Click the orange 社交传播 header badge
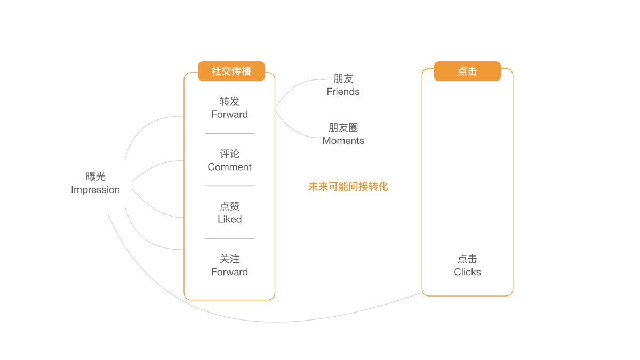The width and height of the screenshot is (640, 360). (x=231, y=71)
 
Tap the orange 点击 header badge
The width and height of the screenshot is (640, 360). (x=467, y=71)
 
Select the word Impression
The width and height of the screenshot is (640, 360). (x=95, y=190)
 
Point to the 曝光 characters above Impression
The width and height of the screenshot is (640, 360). (x=95, y=177)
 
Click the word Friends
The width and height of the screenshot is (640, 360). (x=343, y=92)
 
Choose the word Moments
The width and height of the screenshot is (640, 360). (x=343, y=141)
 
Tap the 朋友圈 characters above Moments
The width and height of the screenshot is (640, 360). (x=343, y=127)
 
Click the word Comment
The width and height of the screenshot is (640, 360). (x=230, y=167)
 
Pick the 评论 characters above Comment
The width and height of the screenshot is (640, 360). (x=230, y=154)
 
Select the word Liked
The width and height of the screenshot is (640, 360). (x=230, y=219)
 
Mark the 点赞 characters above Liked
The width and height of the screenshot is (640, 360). (x=230, y=206)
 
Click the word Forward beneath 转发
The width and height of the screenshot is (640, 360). (x=230, y=115)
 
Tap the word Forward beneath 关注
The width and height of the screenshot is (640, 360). (x=230, y=272)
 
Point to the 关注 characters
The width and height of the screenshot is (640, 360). (x=230, y=259)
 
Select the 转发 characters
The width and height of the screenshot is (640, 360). (x=230, y=101)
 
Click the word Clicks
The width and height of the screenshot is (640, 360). (x=467, y=272)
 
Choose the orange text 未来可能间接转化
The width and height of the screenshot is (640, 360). (x=348, y=187)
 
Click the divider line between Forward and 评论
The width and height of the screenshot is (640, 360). (x=230, y=133)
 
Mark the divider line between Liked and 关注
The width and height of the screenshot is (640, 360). (x=230, y=238)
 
